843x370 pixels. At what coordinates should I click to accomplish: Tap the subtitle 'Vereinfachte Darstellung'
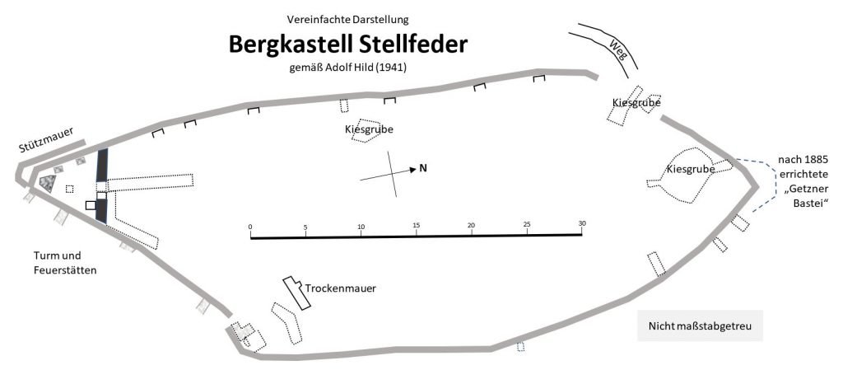click(347, 18)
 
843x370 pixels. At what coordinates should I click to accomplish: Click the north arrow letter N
click(423, 169)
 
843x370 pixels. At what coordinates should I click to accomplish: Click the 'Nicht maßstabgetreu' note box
click(700, 326)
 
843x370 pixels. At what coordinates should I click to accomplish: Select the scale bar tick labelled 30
click(581, 226)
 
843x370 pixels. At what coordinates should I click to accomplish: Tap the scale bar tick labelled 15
click(416, 226)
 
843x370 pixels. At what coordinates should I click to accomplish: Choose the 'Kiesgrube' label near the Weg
click(636, 102)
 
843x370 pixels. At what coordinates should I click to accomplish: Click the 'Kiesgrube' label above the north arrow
click(368, 129)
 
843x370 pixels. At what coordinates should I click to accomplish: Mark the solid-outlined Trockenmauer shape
click(298, 293)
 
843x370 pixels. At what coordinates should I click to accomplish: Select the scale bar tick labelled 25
click(526, 226)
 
